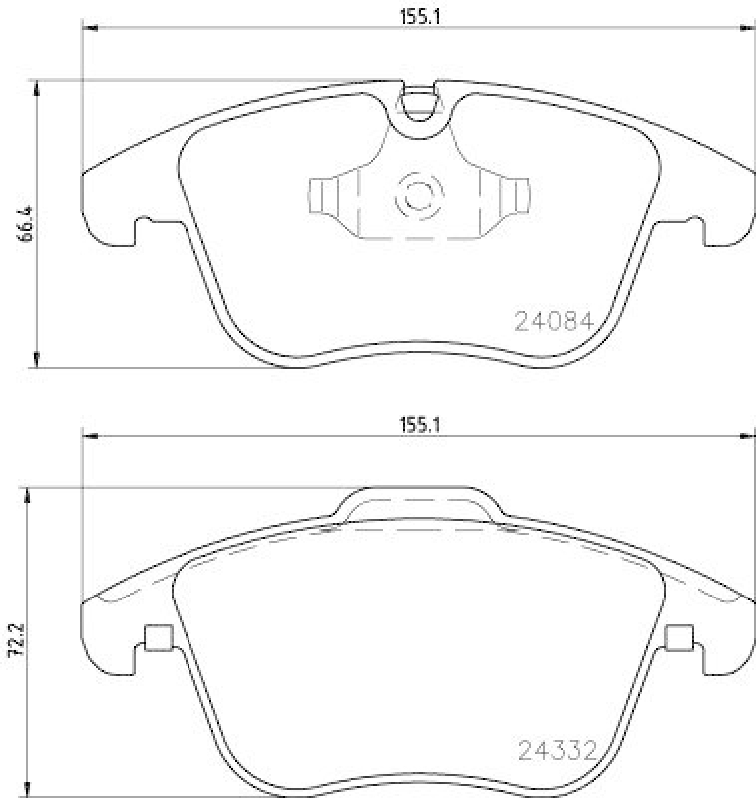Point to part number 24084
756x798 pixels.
pos(554,322)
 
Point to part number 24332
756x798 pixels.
pos(556,748)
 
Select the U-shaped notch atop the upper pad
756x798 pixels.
pos(420,103)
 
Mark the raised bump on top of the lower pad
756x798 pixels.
pos(419,504)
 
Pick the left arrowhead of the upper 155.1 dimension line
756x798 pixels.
pos(88,28)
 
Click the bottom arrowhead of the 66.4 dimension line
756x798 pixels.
pos(38,361)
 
